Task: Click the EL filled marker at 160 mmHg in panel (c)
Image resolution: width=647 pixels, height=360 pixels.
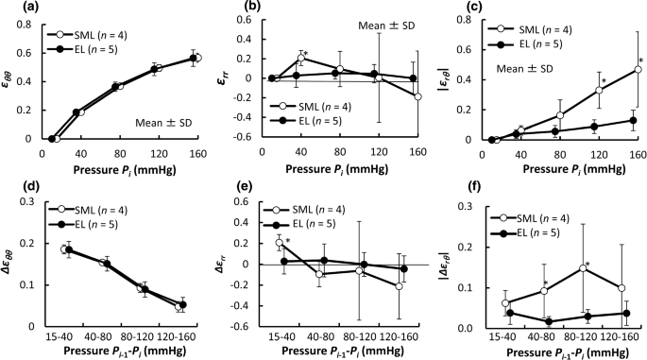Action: (x=633, y=120)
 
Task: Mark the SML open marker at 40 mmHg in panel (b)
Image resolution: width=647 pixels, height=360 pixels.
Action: (x=301, y=59)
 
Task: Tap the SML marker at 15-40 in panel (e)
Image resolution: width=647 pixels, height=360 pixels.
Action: (x=279, y=243)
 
